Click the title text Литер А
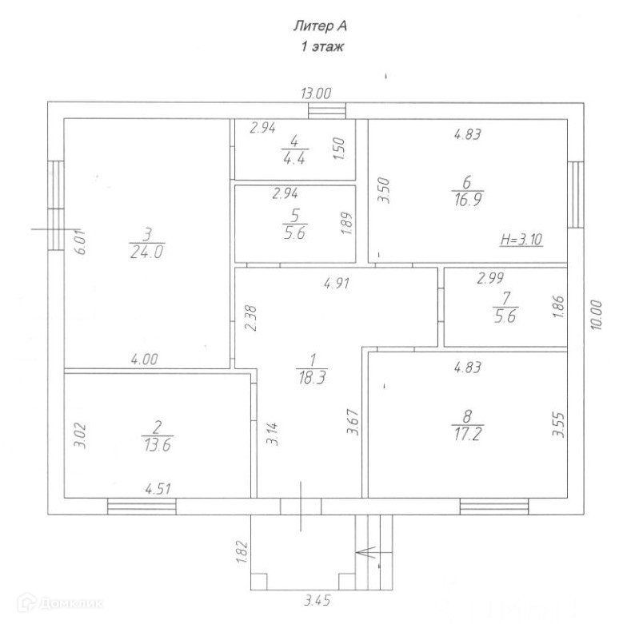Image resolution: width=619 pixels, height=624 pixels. (319, 27)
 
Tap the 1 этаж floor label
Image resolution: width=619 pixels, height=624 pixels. (321, 47)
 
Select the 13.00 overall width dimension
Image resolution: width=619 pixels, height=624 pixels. (316, 93)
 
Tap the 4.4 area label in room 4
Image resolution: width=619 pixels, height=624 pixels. (294, 157)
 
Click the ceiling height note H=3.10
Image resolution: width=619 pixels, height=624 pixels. (520, 239)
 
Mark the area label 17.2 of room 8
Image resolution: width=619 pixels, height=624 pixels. (468, 433)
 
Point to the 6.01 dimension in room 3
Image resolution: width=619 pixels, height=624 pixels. (78, 242)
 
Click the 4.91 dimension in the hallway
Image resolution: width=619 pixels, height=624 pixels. (336, 281)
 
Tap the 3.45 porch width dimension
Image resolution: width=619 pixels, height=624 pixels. (317, 598)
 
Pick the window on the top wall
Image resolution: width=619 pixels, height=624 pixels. (327, 110)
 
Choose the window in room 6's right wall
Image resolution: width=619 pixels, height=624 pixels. (575, 194)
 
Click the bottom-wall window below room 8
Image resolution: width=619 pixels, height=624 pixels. (493, 506)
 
